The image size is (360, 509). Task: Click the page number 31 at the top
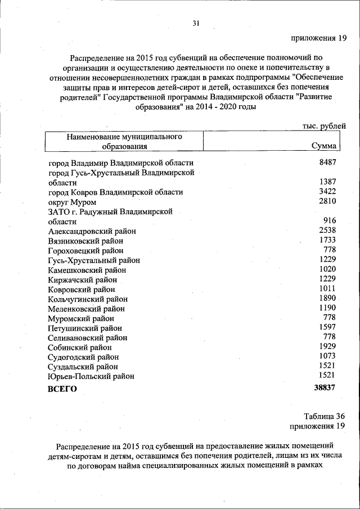coord(196,23)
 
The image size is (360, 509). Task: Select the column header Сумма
coord(324,146)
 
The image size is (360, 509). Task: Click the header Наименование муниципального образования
coord(124,141)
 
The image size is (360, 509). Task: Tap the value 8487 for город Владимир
coord(327,163)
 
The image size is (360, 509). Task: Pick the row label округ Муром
coord(73,202)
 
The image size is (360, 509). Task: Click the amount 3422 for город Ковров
coord(327,192)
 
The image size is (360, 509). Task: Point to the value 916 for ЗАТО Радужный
coord(329,221)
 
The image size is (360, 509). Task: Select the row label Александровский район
coord(92,231)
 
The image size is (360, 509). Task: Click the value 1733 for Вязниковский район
coord(327,240)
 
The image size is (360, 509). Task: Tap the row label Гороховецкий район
coord(86,250)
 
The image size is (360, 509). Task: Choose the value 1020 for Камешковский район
coord(327,269)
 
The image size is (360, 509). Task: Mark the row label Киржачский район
coord(83,280)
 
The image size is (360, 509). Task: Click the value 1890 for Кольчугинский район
coord(327,298)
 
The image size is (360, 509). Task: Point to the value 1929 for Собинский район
coord(327,346)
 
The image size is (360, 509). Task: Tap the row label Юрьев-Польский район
coord(92,376)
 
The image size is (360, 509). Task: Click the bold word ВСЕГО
coord(62,389)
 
